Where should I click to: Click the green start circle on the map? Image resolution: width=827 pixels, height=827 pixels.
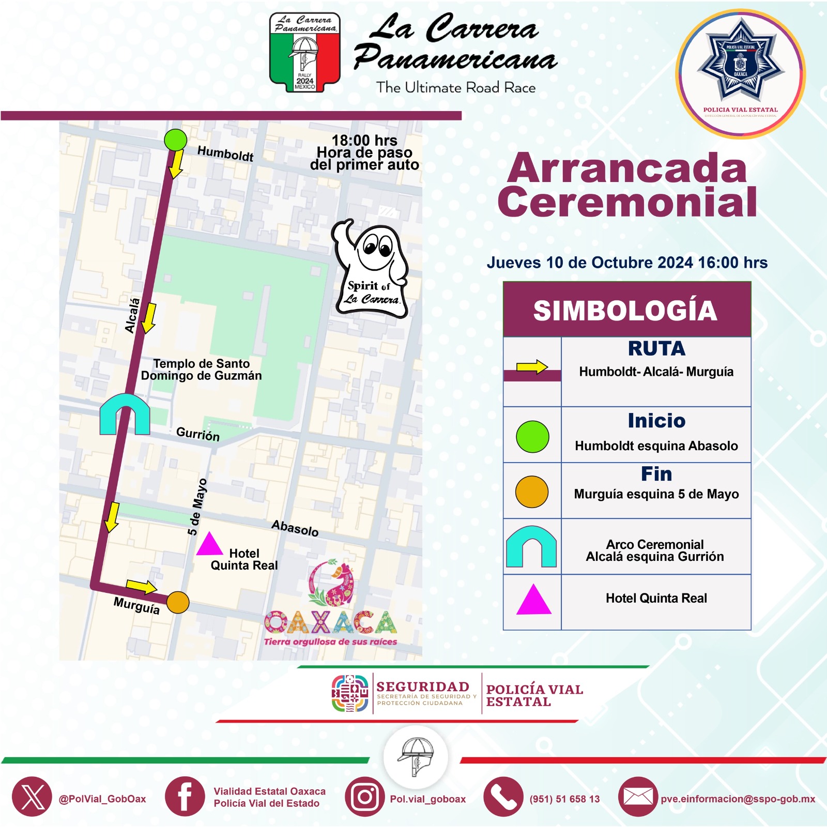tap(175, 140)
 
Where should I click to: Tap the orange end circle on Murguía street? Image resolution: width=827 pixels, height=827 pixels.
tap(178, 602)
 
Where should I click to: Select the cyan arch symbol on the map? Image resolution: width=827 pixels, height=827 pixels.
tap(125, 414)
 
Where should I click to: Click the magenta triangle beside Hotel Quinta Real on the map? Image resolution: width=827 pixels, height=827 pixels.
tap(209, 545)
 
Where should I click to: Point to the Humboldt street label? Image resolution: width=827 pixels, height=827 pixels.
tap(225, 154)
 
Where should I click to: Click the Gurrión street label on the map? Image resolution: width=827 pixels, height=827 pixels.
tap(198, 434)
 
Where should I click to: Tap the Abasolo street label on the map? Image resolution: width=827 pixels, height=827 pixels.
tap(295, 528)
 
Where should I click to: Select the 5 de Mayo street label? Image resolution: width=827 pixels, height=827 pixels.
tap(197, 507)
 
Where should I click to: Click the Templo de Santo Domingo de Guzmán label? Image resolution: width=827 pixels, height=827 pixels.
tap(202, 370)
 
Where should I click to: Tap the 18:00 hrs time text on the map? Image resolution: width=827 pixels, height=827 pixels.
tap(364, 141)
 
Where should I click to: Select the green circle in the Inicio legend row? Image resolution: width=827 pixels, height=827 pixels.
tap(532, 437)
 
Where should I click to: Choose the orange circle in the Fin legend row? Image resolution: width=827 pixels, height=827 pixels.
tap(532, 492)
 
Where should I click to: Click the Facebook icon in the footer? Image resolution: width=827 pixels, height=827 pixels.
tap(185, 797)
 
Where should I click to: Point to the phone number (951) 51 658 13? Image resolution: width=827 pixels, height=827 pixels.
tap(564, 799)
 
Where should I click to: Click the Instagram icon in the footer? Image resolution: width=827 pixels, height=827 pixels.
tap(365, 797)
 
